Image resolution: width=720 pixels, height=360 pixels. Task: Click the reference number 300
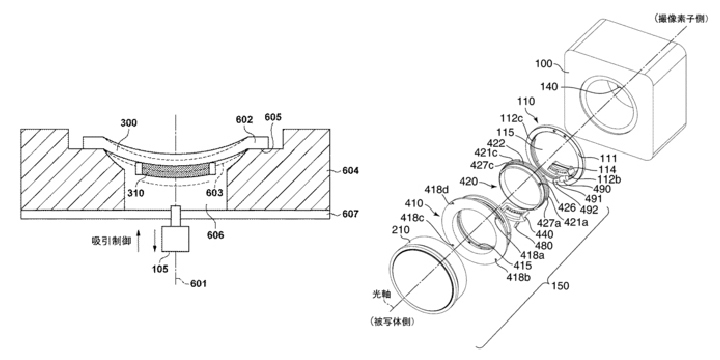click(x=129, y=123)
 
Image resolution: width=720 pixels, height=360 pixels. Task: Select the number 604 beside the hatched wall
click(x=350, y=171)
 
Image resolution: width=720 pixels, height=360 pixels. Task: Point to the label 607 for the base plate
click(x=350, y=214)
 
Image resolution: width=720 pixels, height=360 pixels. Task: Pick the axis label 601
click(x=198, y=283)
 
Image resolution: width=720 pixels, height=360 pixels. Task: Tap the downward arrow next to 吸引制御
click(x=154, y=241)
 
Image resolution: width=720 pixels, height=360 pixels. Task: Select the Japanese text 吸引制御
click(x=110, y=240)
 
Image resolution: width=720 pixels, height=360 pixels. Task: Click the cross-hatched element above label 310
click(x=175, y=169)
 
